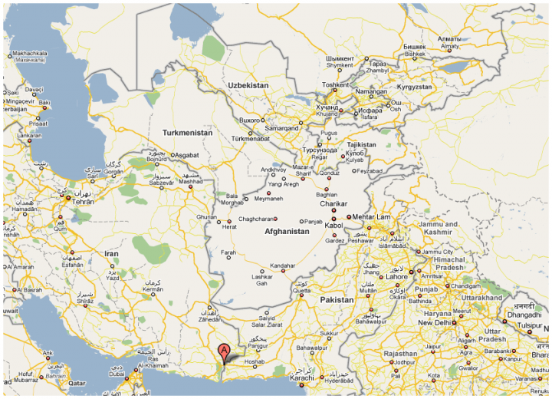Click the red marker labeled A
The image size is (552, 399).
[x=224, y=351]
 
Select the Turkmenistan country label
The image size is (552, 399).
[x=187, y=133]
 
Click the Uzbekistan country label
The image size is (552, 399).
[x=248, y=85]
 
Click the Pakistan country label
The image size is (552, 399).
[x=337, y=300]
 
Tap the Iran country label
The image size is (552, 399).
[x=112, y=253]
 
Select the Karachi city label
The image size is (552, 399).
[x=303, y=378]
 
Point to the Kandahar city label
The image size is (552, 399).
[x=282, y=265]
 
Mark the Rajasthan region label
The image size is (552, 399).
[x=402, y=353]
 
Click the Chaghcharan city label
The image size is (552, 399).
[x=256, y=219]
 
